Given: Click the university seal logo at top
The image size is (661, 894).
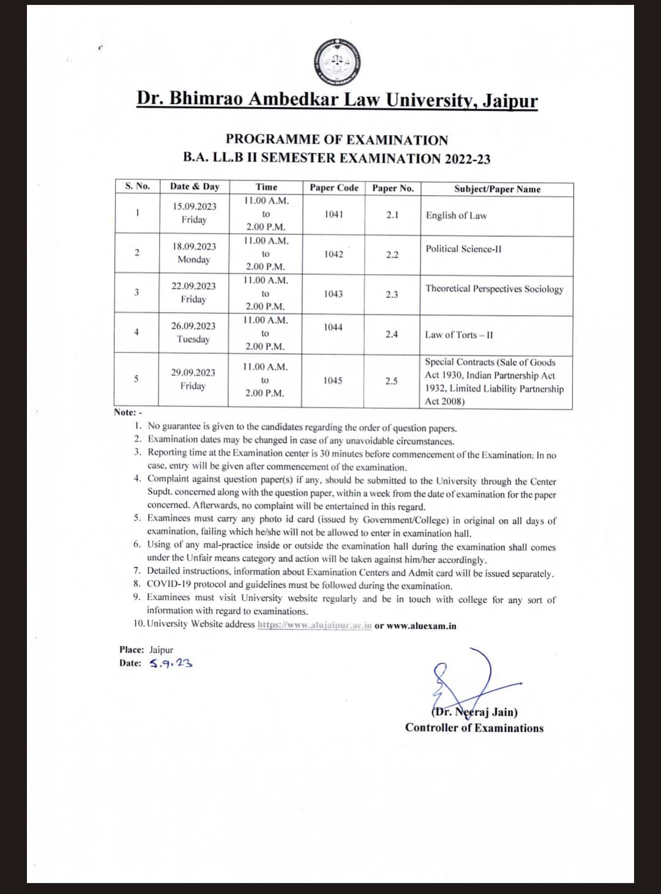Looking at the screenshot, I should pos(337,61).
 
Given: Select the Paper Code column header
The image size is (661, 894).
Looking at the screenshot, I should pos(334,188).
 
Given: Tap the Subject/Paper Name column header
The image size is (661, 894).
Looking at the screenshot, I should pos(497,189).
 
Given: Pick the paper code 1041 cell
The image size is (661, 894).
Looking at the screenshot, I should pos(334,214).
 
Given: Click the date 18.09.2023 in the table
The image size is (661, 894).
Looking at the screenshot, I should pos(194,247).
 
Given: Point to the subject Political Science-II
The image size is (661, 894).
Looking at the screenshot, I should pos(463,249).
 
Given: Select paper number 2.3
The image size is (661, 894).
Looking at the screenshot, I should pos(392,294).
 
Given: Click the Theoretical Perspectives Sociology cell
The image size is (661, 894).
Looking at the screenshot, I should pos(494,289).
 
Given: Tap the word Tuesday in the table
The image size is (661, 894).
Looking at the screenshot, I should pos(193,339).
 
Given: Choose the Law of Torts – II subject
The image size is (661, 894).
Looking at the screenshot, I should pos(459,335).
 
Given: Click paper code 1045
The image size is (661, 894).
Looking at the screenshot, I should pos(333,381).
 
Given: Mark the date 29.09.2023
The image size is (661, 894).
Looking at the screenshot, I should pos(193,373).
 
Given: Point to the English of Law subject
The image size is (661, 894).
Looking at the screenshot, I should pos(457,215).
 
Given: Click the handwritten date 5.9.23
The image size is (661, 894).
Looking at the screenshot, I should pos(171,663).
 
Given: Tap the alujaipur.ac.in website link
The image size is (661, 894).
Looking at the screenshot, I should pos(315,625).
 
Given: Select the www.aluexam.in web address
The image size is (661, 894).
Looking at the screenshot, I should pos(421,626).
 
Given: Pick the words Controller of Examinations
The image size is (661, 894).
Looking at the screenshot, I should pos(474,728).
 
